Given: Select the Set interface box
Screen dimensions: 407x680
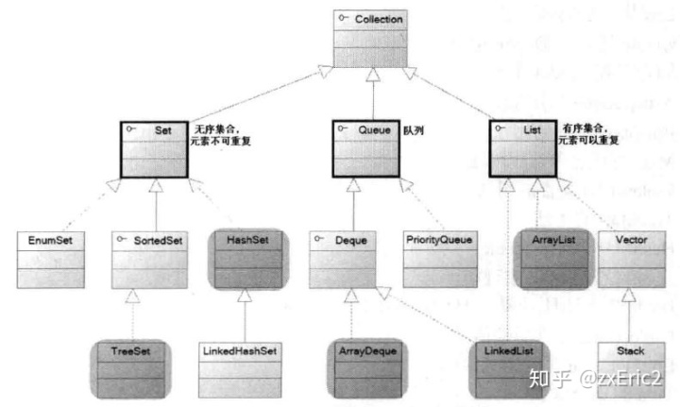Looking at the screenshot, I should coord(155,148).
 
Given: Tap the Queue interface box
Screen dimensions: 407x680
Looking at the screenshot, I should coord(366,148).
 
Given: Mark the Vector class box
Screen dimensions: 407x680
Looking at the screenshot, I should coord(631,258).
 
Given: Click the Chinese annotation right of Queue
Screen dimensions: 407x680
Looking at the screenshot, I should coord(413,131).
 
